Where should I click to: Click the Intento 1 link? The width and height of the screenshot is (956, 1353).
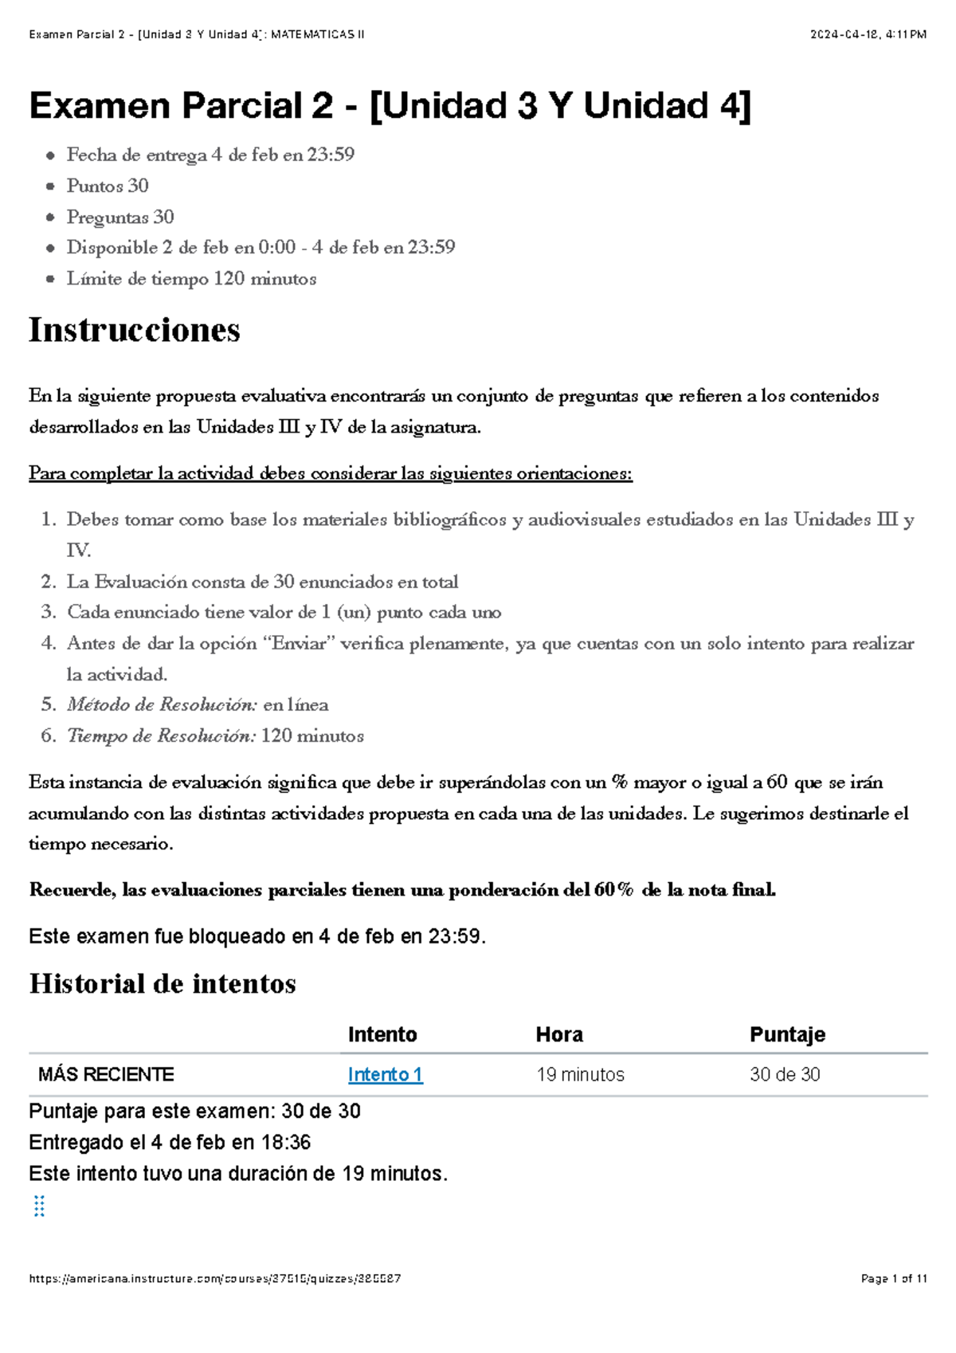[x=385, y=1074]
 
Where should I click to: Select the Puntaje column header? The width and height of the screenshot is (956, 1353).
[x=786, y=1034]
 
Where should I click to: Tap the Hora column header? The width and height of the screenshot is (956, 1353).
[x=559, y=1034]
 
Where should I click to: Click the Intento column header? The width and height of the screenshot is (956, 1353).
[x=382, y=1034]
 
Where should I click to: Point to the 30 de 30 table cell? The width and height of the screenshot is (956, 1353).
[x=785, y=1074]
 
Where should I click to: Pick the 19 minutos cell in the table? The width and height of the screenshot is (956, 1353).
[x=580, y=1074]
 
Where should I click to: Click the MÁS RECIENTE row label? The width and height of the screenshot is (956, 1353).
[x=106, y=1074]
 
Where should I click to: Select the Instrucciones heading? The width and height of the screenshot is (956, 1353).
[x=134, y=330]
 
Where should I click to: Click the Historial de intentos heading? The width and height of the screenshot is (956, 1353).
[x=163, y=983]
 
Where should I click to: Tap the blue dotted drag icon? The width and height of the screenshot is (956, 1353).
[x=38, y=1206]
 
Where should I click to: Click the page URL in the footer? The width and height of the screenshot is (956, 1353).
[x=214, y=1279]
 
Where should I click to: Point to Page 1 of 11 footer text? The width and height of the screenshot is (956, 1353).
[x=894, y=1279]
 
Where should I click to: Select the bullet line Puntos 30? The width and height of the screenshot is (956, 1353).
[x=108, y=186]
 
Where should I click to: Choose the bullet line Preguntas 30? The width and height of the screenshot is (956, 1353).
[x=120, y=217]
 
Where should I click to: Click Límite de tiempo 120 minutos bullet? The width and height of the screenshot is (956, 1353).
[x=191, y=279]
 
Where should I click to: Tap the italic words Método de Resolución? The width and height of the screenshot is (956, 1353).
[x=162, y=704]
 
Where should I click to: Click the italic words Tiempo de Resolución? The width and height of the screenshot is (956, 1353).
[x=161, y=735]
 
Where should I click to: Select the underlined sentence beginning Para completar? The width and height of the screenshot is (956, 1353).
[x=330, y=473]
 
